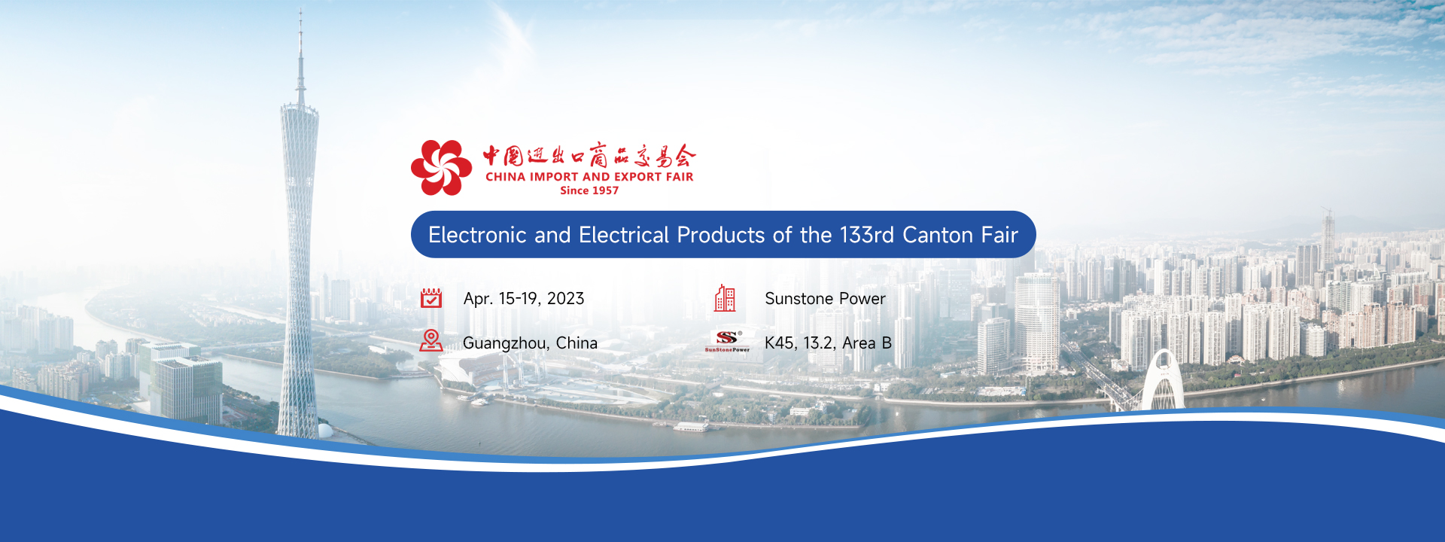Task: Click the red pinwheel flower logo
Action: pyautogui.click(x=441, y=167)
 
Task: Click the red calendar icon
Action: pyautogui.click(x=431, y=298)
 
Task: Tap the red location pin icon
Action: pyautogui.click(x=431, y=341)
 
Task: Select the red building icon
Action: pyautogui.click(x=725, y=298)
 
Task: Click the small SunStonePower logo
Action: pyautogui.click(x=727, y=342)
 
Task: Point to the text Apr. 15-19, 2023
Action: pyautogui.click(x=524, y=299)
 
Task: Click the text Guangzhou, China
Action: pyautogui.click(x=530, y=343)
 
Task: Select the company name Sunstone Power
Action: pyautogui.click(x=825, y=299)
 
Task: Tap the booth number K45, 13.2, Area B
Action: pyautogui.click(x=828, y=343)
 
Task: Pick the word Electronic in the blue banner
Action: pyautogui.click(x=477, y=235)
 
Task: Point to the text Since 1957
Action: pyautogui.click(x=589, y=190)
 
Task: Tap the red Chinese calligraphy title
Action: pyautogui.click(x=589, y=155)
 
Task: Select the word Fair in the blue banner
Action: pyautogui.click(x=999, y=235)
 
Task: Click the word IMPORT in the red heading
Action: pyautogui.click(x=554, y=177)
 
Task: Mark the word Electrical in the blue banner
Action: pyautogui.click(x=624, y=235)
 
